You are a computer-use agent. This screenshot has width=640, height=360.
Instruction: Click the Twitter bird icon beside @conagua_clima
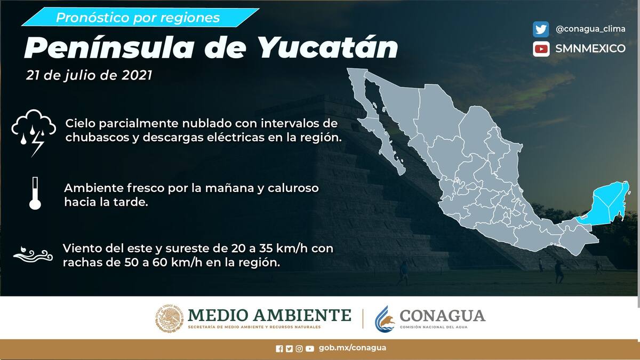point(541,29)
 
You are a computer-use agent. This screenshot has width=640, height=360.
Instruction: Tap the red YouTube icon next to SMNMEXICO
point(541,49)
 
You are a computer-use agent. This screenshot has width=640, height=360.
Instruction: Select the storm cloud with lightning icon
point(34,133)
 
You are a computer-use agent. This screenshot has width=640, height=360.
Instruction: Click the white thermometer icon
point(35,193)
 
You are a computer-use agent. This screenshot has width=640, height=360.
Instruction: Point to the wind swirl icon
point(33,254)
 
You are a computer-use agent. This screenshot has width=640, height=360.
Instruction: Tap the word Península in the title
point(109,47)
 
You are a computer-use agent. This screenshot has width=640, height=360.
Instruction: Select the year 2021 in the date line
point(137,75)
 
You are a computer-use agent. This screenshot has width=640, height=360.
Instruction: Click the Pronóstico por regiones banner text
point(138,18)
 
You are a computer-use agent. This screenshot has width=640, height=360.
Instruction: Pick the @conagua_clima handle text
point(590,29)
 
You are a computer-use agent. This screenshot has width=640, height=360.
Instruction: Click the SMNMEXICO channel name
point(590,49)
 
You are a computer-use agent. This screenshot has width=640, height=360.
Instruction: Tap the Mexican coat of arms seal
point(170,318)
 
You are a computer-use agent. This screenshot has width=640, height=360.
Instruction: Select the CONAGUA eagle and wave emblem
point(385,319)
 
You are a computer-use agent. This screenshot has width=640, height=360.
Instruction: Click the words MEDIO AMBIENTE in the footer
point(269,315)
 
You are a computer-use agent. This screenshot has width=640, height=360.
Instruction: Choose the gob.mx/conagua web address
point(353,348)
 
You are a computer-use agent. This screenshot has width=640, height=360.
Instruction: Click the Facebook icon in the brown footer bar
point(279,349)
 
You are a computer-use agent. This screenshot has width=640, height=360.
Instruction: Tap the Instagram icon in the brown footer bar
point(299,349)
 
